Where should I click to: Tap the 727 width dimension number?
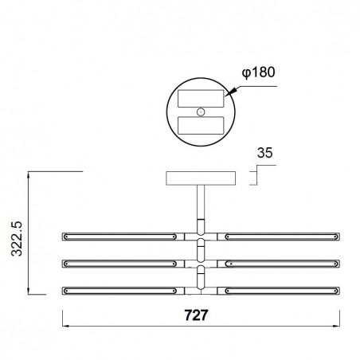pyautogui.click(x=198, y=315)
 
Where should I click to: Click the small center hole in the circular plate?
pyautogui.click(x=202, y=112)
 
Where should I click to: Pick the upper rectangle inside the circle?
pyautogui.click(x=201, y=100)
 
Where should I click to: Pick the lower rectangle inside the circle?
pyautogui.click(x=201, y=126)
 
